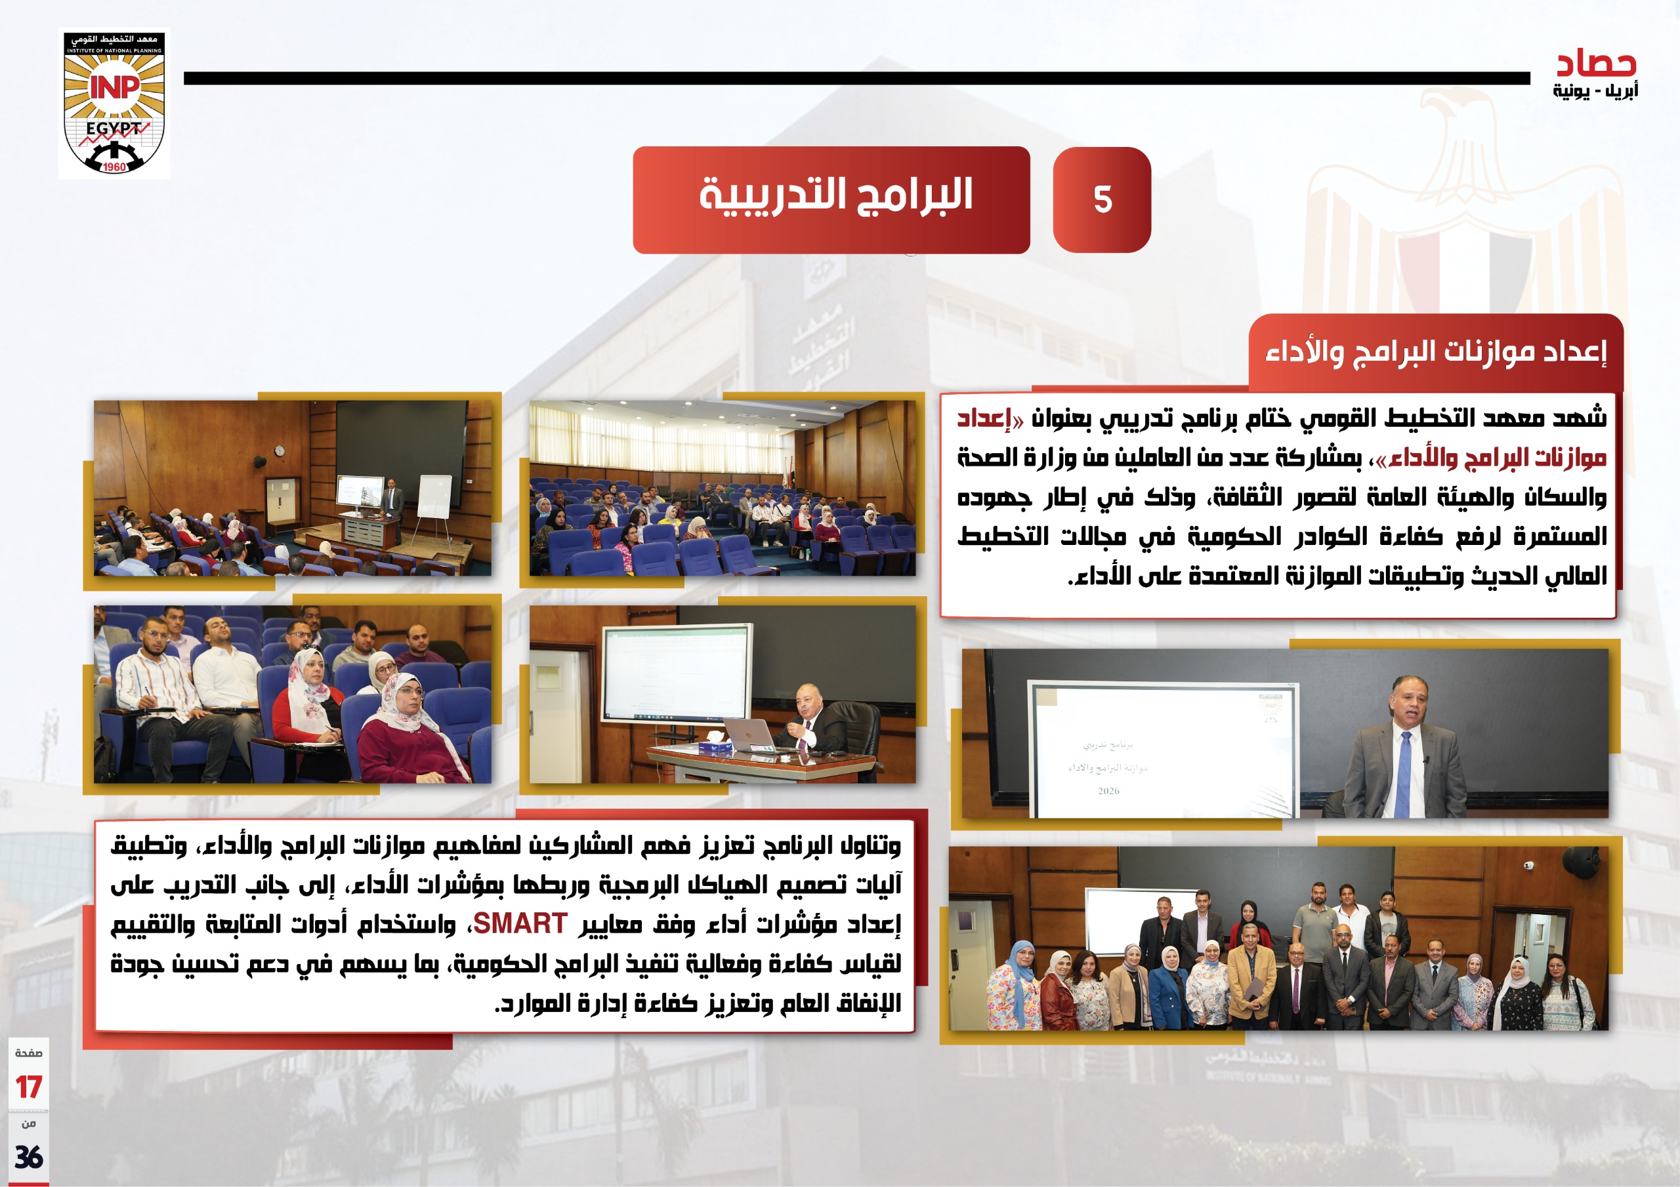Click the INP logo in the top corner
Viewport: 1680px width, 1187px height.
(x=114, y=103)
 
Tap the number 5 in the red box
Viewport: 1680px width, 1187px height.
(x=1102, y=199)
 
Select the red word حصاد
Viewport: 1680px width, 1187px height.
(x=1596, y=64)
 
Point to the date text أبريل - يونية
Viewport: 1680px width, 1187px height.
(x=1595, y=91)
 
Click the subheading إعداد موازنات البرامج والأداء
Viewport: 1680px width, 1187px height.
(x=1436, y=352)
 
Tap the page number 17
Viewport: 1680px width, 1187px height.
(x=28, y=1087)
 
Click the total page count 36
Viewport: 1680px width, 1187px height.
(x=28, y=1157)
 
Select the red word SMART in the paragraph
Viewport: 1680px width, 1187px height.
(x=520, y=924)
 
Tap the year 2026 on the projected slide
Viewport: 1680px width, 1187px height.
(x=1108, y=791)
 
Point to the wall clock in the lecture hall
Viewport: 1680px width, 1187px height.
(x=279, y=451)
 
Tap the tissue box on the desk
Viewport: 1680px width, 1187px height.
(x=711, y=746)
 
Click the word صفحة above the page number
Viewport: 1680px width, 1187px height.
(x=28, y=1053)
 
